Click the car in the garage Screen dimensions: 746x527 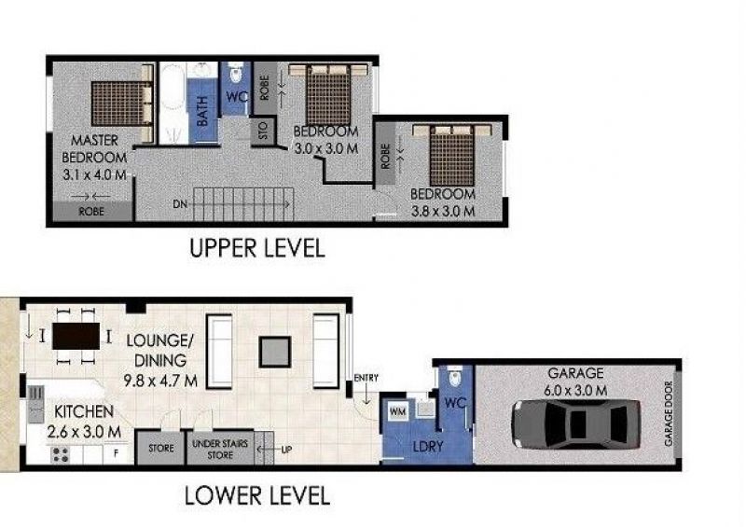575,423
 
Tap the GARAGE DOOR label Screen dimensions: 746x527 669,413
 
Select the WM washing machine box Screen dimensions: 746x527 398,410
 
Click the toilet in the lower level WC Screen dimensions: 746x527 455,377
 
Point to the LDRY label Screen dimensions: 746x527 428,446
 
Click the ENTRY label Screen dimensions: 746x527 366,378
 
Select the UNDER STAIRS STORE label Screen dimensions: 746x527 220,449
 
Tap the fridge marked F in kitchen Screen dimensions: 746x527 116,453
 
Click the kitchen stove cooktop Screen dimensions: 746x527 61,455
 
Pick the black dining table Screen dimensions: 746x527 76,336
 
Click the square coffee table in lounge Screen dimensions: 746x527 275,352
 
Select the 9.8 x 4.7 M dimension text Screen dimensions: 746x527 160,381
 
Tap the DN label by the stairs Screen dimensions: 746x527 180,204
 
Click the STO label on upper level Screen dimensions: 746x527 264,130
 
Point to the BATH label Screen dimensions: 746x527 201,111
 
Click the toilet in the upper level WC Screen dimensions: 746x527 236,73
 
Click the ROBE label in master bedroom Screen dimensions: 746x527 91,212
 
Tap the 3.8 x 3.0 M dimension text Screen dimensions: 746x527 443,211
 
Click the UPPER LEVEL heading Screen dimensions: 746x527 257,248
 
